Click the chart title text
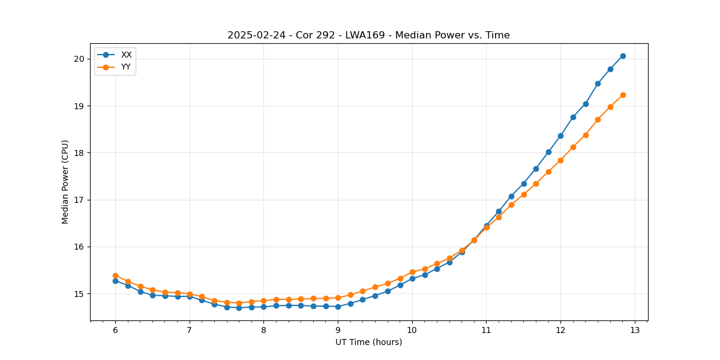click(x=368, y=35)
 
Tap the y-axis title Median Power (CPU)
click(x=65, y=182)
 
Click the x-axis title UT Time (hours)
click(x=368, y=342)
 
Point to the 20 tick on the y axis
click(x=79, y=59)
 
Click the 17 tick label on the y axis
click(x=79, y=200)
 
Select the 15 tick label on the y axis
click(x=79, y=294)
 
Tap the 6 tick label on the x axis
click(x=115, y=330)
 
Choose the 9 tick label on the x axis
click(x=338, y=330)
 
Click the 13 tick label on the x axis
click(x=635, y=330)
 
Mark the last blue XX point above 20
click(x=623, y=56)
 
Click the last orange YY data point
click(x=623, y=95)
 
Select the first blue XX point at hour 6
click(x=115, y=281)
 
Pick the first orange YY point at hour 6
click(x=115, y=275)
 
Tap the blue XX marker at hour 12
click(x=560, y=136)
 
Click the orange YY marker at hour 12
click(x=560, y=160)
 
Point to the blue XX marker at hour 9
click(x=338, y=307)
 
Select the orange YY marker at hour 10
click(x=412, y=272)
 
